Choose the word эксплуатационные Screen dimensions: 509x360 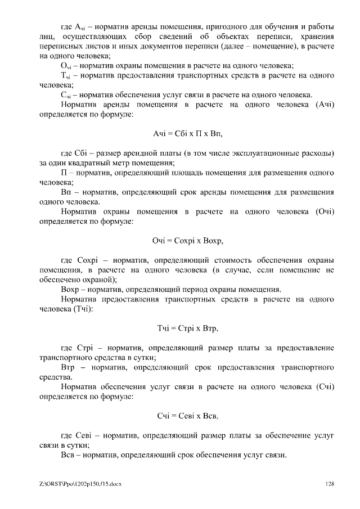click(263, 153)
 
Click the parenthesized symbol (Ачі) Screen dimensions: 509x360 click(321, 105)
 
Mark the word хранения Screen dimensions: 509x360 click(315, 37)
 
